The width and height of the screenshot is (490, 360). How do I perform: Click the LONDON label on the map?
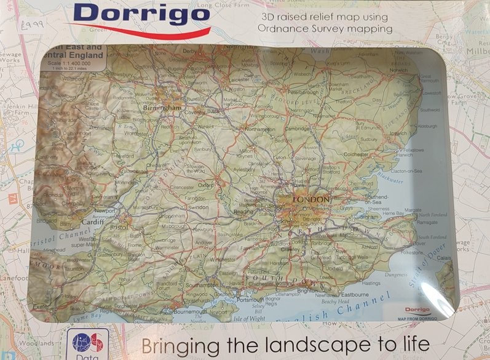pos(311,199)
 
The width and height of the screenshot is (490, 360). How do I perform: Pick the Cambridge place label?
pos(297,129)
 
